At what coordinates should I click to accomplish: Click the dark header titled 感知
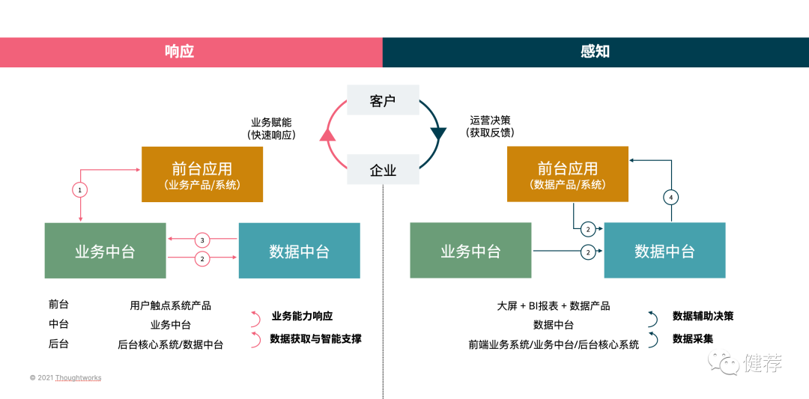coord(596,52)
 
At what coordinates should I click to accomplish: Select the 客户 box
coord(383,100)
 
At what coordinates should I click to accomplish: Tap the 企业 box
coord(383,169)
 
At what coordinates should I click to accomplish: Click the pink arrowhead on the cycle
coord(326,135)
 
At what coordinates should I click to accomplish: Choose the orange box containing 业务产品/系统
coord(202,174)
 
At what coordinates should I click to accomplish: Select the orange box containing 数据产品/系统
coord(568,174)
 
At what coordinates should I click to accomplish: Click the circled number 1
coord(80,189)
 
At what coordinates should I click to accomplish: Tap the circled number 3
coord(202,240)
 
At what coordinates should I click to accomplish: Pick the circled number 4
coord(671,198)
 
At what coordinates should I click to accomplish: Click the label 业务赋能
coord(270,122)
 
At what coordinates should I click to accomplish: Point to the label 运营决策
coord(490,120)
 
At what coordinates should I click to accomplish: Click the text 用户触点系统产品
coord(170,305)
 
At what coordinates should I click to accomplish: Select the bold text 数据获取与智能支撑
coord(316,339)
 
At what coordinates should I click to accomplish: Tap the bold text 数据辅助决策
coord(703,316)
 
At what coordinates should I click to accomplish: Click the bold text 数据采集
coord(693,339)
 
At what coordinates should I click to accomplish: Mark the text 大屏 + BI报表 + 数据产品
coord(554,305)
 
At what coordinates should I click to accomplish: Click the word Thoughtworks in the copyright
coord(78,378)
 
